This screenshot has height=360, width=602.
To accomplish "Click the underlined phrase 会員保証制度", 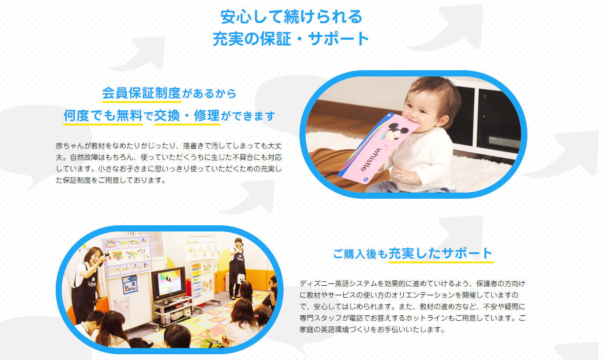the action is point(142,93).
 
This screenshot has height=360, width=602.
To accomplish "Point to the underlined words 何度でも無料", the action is point(103,116).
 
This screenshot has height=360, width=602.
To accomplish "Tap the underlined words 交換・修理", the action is point(187,116).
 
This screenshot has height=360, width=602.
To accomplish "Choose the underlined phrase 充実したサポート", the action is point(441,253).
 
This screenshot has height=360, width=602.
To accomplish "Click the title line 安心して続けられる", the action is point(292,17).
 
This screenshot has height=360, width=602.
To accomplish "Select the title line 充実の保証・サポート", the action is point(292,38).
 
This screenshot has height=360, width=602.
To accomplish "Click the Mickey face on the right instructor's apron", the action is point(241,277).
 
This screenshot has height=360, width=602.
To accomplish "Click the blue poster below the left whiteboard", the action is point(130,284).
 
